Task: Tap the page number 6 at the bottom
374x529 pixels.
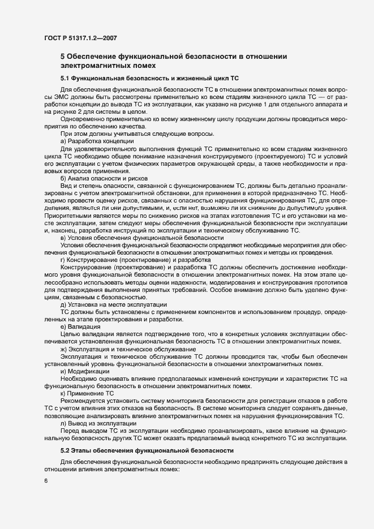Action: point(45,481)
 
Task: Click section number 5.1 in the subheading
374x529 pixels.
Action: point(66,78)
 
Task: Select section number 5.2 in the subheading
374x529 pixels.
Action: point(66,450)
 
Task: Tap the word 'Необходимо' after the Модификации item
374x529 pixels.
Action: point(79,379)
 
